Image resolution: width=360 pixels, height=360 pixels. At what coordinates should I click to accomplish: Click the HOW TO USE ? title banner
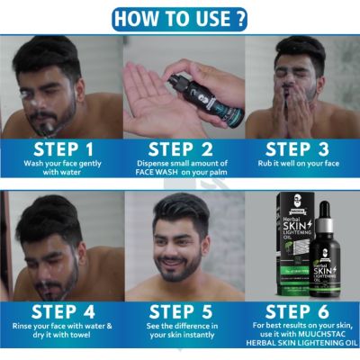pos(180,17)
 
